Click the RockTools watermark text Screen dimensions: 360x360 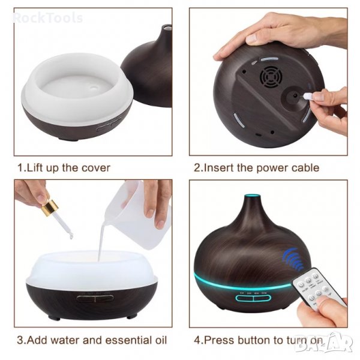coord(48,18)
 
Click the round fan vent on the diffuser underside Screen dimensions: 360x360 coord(271,77)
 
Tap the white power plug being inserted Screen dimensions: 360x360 coord(307,96)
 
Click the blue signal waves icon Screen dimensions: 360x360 coord(293,259)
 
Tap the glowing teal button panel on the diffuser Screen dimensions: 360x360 coord(253,298)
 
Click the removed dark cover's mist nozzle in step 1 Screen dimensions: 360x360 coord(166,28)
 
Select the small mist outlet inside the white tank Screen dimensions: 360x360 coord(94,87)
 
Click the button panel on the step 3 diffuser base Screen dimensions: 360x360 coord(95,298)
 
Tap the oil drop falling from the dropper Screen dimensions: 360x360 coord(71,236)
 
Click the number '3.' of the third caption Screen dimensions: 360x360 coord(22,340)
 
